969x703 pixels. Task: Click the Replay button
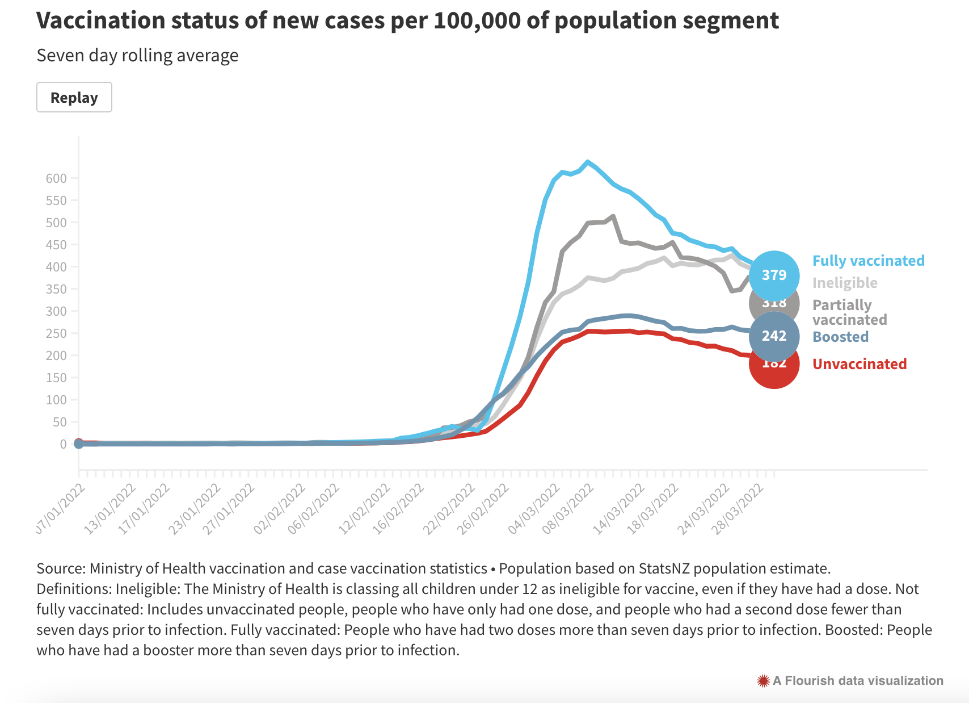tap(74, 97)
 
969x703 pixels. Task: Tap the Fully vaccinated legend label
tap(868, 261)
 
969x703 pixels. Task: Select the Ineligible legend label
tap(845, 283)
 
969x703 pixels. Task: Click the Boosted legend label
tap(840, 337)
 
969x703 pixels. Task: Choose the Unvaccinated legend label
tap(859, 364)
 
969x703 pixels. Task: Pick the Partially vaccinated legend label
tap(849, 312)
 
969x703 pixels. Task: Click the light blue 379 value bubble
tap(774, 275)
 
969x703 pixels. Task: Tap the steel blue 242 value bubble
tap(774, 336)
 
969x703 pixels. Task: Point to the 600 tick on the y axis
tap(56, 178)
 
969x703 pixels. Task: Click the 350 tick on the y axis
tap(56, 289)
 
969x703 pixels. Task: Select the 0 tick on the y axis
tap(63, 444)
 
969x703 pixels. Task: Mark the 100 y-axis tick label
tap(56, 400)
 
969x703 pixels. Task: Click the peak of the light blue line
tap(588, 162)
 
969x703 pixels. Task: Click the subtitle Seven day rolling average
tap(137, 56)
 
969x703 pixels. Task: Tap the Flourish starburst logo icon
tap(763, 680)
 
